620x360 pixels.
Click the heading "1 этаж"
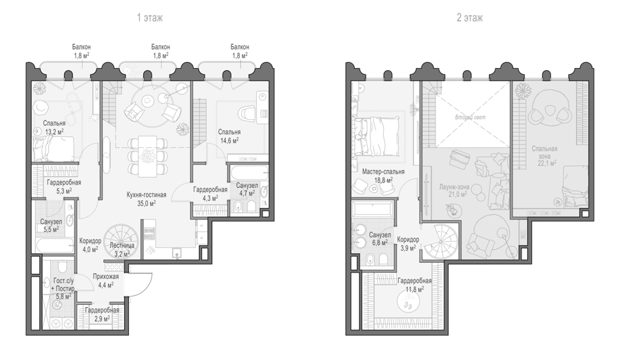point(150,18)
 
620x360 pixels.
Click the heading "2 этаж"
point(470,18)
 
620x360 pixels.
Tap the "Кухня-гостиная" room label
point(146,195)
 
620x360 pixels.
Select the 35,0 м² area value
point(146,203)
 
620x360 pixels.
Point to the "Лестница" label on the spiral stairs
point(122,246)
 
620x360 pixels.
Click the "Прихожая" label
point(105,277)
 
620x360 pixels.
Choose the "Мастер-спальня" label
point(383,172)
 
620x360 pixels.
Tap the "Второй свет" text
point(470,118)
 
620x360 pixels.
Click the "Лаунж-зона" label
point(455,187)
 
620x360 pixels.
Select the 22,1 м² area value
point(548,163)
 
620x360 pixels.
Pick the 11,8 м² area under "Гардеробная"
point(415,289)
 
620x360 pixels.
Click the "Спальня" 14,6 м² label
point(229,132)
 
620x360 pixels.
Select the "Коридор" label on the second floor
point(408,240)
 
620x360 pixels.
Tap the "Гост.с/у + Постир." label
point(63,285)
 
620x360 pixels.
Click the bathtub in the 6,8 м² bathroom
point(373,209)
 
